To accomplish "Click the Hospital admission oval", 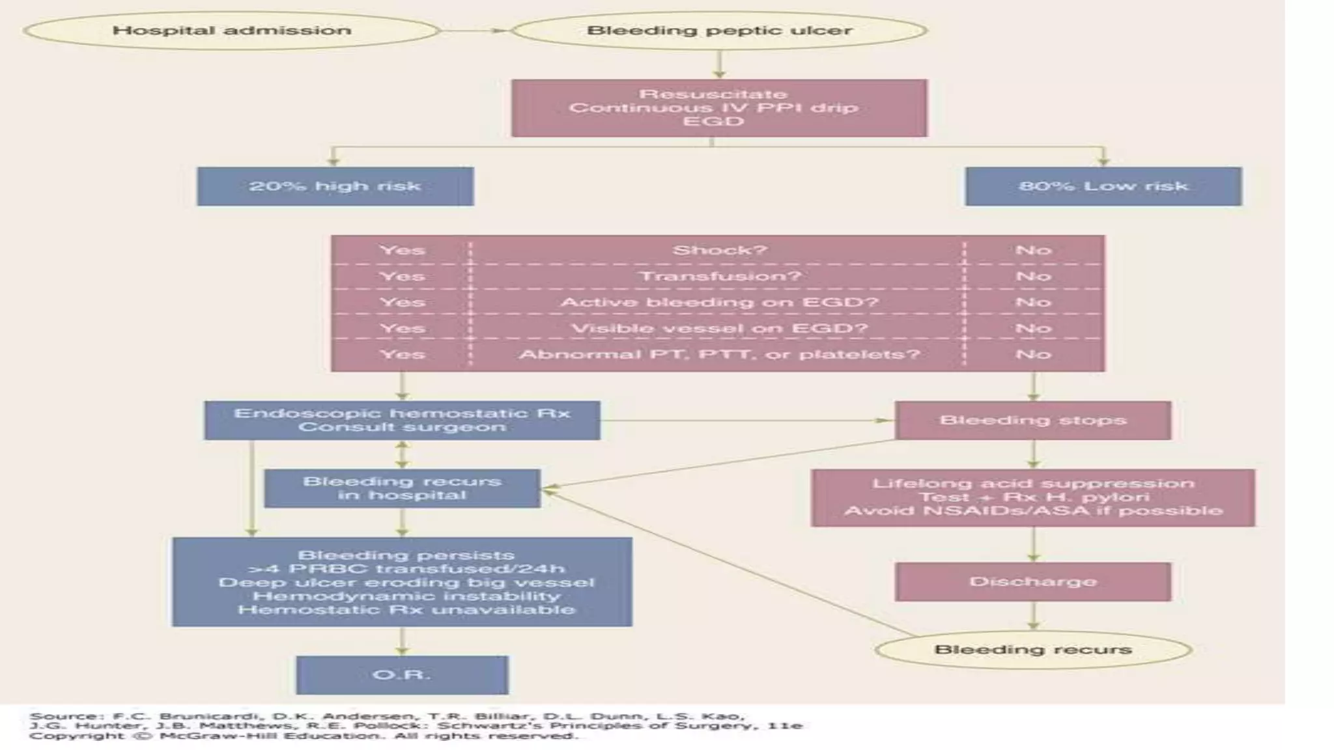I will click(231, 31).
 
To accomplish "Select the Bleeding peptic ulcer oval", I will click(719, 31).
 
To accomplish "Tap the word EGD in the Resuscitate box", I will click(713, 122).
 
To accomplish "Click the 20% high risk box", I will click(335, 186).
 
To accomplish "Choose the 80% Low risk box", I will click(1103, 186).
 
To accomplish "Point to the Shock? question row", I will click(719, 250).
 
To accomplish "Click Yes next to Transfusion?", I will click(402, 276).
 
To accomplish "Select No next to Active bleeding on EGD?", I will click(1033, 302).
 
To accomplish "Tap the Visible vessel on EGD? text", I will click(719, 328).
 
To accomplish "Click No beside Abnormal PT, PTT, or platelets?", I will click(1033, 354).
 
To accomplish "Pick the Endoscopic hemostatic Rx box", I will click(402, 420).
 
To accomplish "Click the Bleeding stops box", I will click(1033, 420).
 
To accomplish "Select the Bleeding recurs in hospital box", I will click(402, 488).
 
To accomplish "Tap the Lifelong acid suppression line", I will click(1033, 484).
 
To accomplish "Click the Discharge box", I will click(1033, 581).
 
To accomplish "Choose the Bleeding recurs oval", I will click(1033, 650).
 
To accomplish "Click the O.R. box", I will click(402, 674).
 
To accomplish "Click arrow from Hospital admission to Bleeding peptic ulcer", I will click(475, 31).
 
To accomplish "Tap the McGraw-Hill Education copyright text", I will click(303, 736).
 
